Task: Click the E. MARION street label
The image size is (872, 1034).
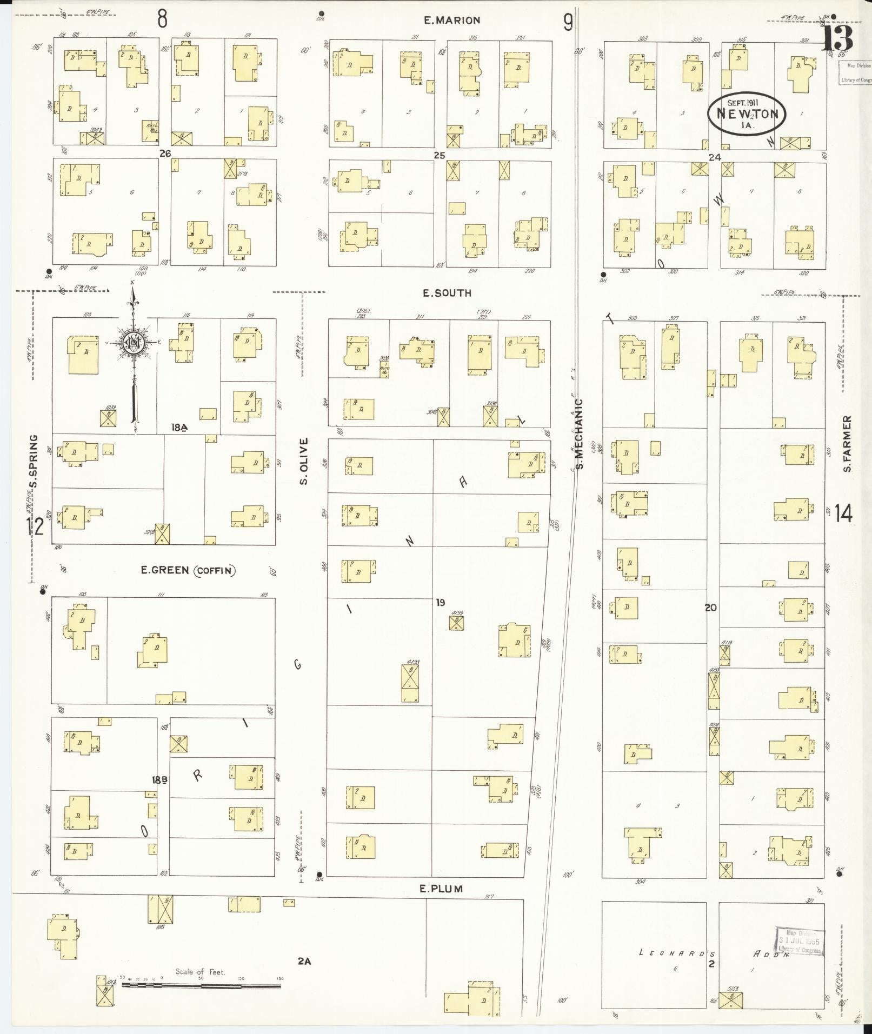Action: point(452,21)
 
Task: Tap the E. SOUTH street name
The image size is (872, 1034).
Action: point(447,293)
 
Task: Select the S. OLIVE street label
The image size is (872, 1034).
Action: point(304,461)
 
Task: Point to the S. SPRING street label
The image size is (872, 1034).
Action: point(35,461)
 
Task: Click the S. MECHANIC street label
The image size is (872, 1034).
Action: point(580,434)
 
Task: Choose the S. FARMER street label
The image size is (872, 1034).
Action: point(847,443)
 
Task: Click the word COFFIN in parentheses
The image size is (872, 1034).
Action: point(215,571)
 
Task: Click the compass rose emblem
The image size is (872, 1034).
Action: point(132,343)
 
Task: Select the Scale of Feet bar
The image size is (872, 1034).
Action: point(201,986)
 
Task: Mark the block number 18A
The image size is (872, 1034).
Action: point(179,428)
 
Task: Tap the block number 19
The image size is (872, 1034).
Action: point(440,602)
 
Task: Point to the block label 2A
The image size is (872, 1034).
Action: point(304,961)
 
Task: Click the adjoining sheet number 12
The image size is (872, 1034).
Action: point(35,525)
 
